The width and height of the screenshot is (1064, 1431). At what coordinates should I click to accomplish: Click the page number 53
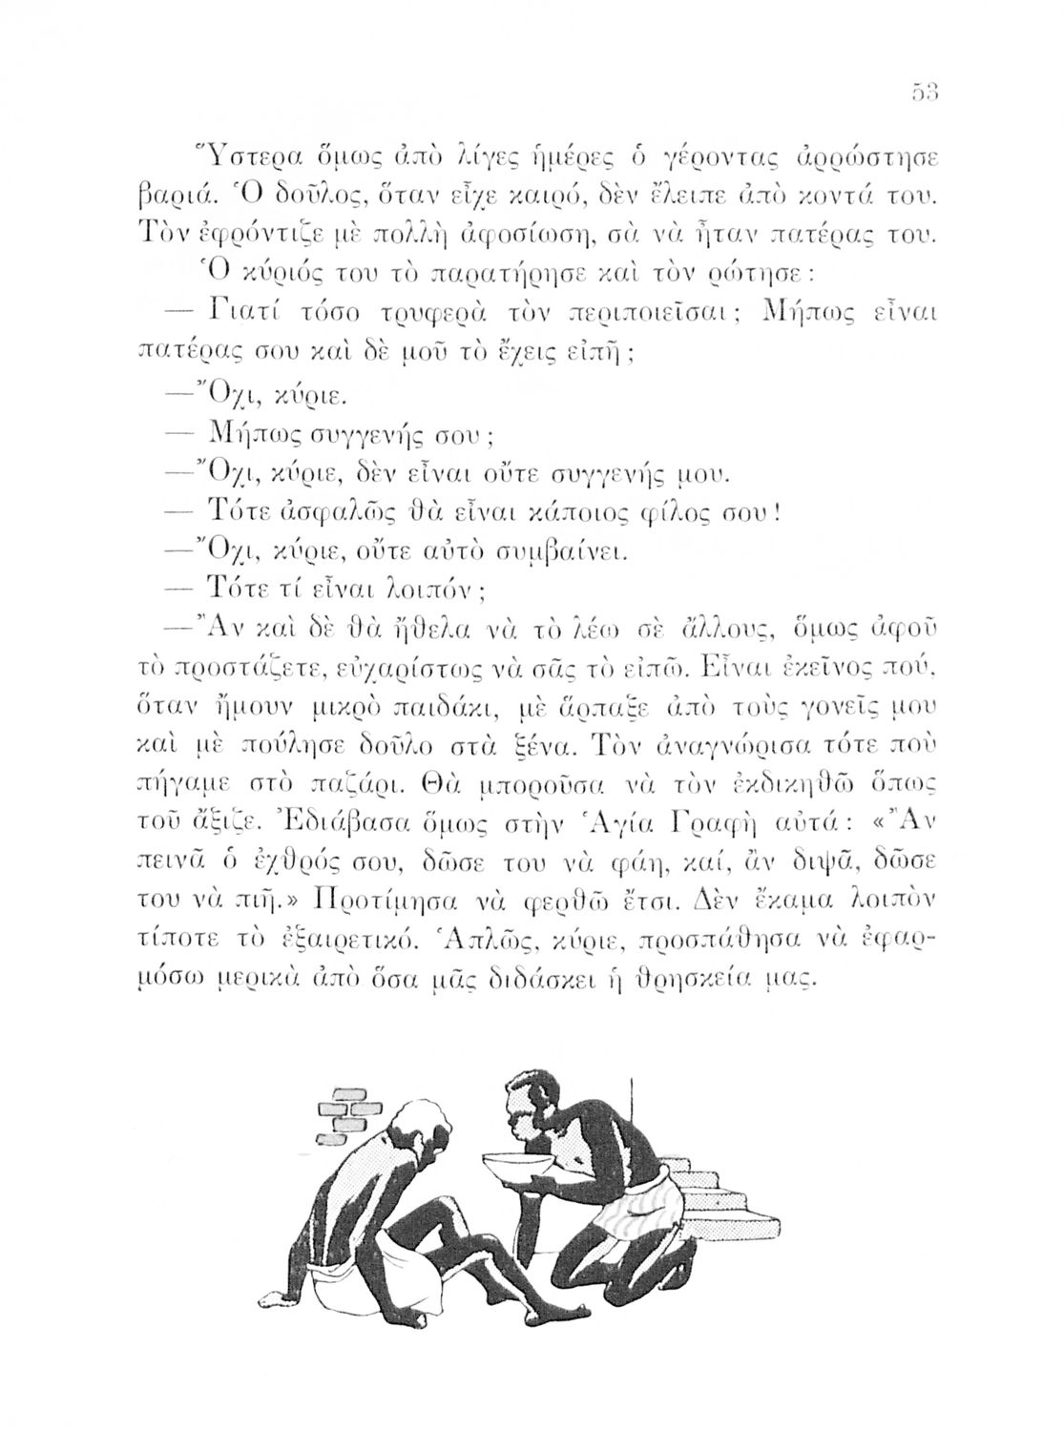click(x=925, y=93)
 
